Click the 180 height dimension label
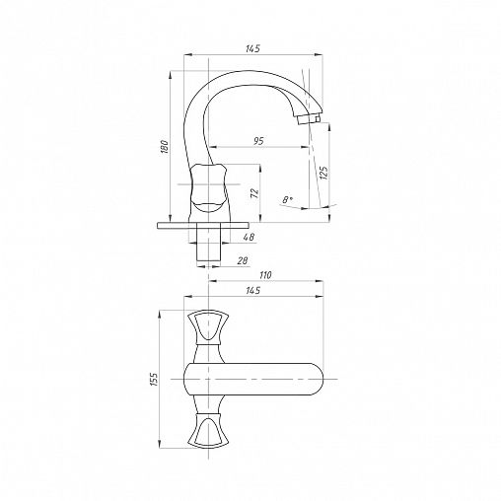(165, 147)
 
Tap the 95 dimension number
(258, 141)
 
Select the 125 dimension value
(323, 173)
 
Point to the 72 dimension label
(254, 193)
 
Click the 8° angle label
(288, 199)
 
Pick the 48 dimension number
(250, 237)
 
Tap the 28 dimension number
(243, 260)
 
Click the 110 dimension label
(265, 275)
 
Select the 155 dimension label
(154, 379)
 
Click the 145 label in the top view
(252, 290)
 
